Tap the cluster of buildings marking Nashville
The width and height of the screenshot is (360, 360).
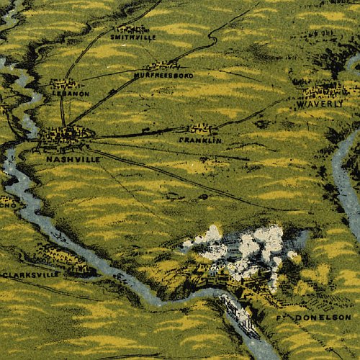click(x=66, y=134)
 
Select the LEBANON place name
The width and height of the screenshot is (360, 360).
click(x=70, y=93)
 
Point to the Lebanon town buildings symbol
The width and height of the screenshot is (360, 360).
click(x=60, y=84)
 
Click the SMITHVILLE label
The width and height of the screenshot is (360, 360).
click(x=133, y=36)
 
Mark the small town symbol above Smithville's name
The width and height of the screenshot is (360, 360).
click(x=130, y=28)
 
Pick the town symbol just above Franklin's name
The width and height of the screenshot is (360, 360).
click(x=202, y=130)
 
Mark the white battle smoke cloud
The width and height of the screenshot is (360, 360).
click(x=245, y=248)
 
